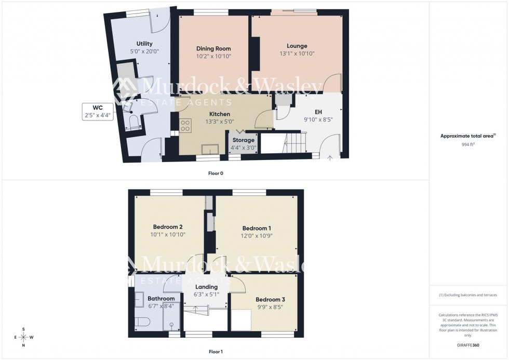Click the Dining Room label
pyautogui.click(x=213, y=48)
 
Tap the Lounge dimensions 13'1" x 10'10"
pyautogui.click(x=297, y=54)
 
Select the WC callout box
pyautogui.click(x=98, y=112)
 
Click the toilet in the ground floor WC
pyautogui.click(x=134, y=123)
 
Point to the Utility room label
pyautogui.click(x=144, y=44)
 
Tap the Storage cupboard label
pyautogui.click(x=243, y=140)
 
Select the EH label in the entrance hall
pyautogui.click(x=319, y=111)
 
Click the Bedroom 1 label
pyautogui.click(x=256, y=228)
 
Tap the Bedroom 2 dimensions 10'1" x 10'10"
pyautogui.click(x=168, y=235)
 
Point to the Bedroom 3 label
pyautogui.click(x=270, y=300)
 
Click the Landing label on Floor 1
pyautogui.click(x=206, y=287)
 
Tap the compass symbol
pyautogui.click(x=23, y=337)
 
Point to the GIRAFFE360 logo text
pyautogui.click(x=468, y=345)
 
